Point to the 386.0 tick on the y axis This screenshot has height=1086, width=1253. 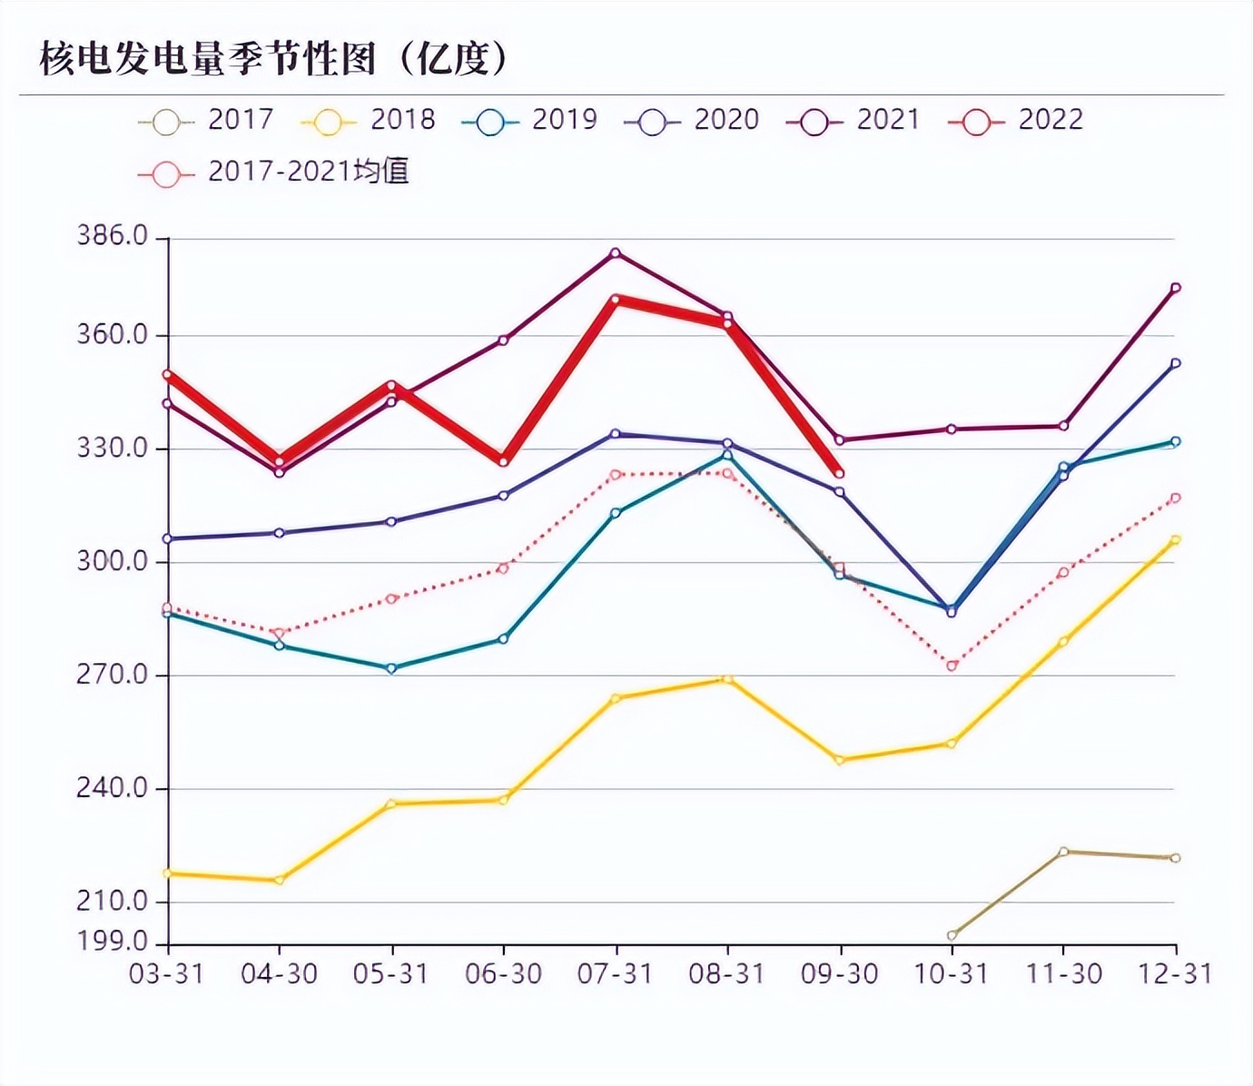click(x=112, y=236)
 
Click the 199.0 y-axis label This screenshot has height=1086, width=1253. click(x=112, y=940)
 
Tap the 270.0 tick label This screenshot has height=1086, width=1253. click(x=112, y=675)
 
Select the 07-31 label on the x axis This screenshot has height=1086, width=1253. click(x=615, y=974)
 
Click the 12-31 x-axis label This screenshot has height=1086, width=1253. click(x=1176, y=974)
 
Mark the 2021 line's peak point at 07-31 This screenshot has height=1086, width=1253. click(x=616, y=253)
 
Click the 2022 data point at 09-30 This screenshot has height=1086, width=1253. click(x=840, y=474)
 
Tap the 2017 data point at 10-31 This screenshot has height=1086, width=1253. click(x=952, y=935)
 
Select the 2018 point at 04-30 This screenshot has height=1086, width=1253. click(x=280, y=880)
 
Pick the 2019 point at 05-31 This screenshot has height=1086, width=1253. click(x=391, y=668)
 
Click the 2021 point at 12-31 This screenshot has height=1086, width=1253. click(x=1176, y=288)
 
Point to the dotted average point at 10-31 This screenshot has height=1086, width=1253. click(x=952, y=666)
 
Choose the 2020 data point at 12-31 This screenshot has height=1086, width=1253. click(x=1176, y=363)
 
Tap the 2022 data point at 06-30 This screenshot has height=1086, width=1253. click(x=504, y=462)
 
